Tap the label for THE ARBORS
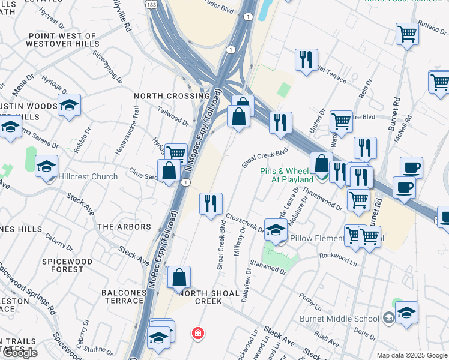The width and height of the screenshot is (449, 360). coord(124,227)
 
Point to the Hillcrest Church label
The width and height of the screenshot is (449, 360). coord(88,177)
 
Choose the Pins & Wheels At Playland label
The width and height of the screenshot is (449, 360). coord(286,175)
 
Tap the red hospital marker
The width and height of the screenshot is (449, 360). coord(196,333)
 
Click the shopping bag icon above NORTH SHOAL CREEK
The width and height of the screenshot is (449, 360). coord(179,277)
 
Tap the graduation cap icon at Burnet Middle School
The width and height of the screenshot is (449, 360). coord(406,313)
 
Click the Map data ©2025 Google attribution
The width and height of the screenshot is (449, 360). coord(411,355)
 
